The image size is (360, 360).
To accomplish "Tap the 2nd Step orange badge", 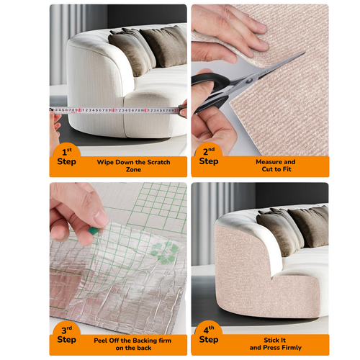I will pos(208,157).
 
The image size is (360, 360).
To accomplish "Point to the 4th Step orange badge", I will pos(208,336).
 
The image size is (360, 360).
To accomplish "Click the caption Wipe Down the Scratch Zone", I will pos(133,166).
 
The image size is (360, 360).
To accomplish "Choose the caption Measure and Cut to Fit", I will pos(275,166).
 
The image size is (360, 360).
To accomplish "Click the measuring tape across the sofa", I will pos(115,111).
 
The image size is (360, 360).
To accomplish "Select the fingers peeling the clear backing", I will pos(79,209).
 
